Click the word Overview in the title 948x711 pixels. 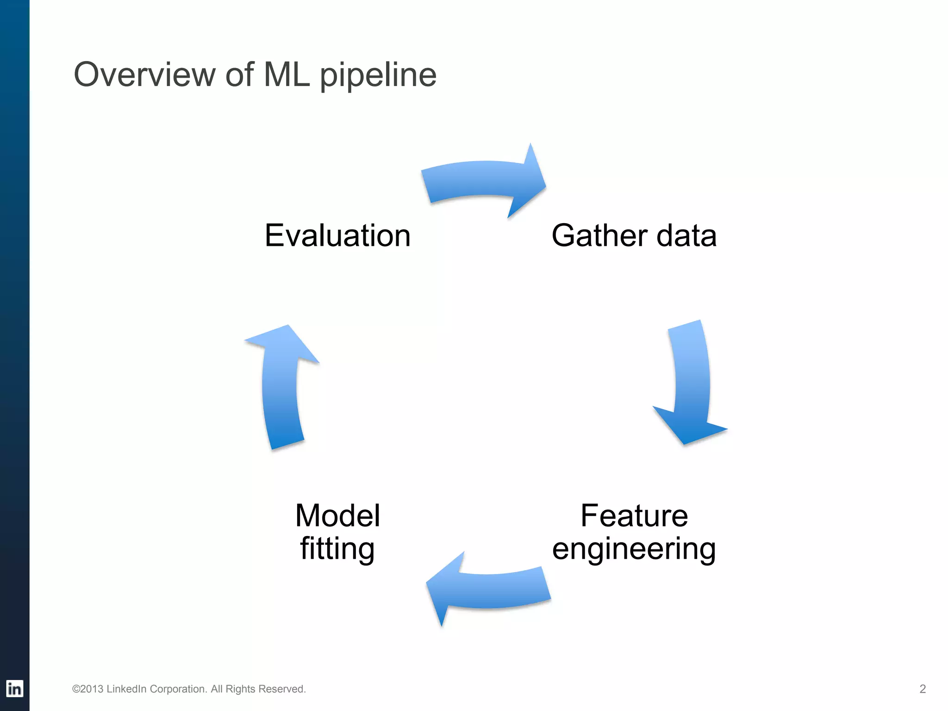[x=144, y=75]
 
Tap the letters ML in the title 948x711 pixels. [x=286, y=75]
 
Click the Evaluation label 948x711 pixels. [x=337, y=236]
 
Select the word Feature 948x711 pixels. [x=634, y=516]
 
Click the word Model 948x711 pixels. [x=337, y=516]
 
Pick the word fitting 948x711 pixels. [x=337, y=549]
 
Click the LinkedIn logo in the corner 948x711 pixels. [x=14, y=688]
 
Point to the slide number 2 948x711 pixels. [x=922, y=689]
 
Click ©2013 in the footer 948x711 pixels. [x=87, y=689]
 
